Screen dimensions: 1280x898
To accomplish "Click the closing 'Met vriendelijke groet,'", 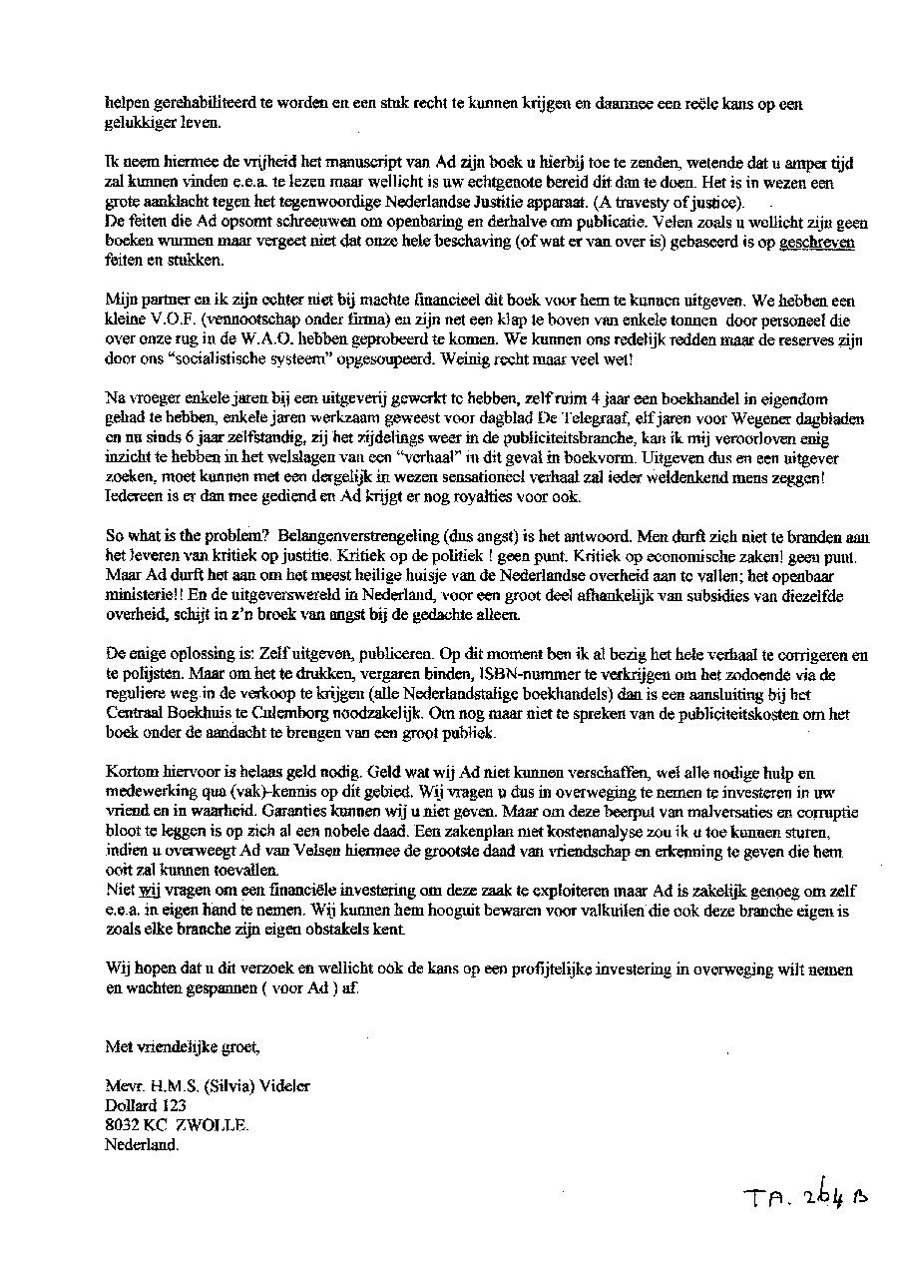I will click(x=183, y=1047).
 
